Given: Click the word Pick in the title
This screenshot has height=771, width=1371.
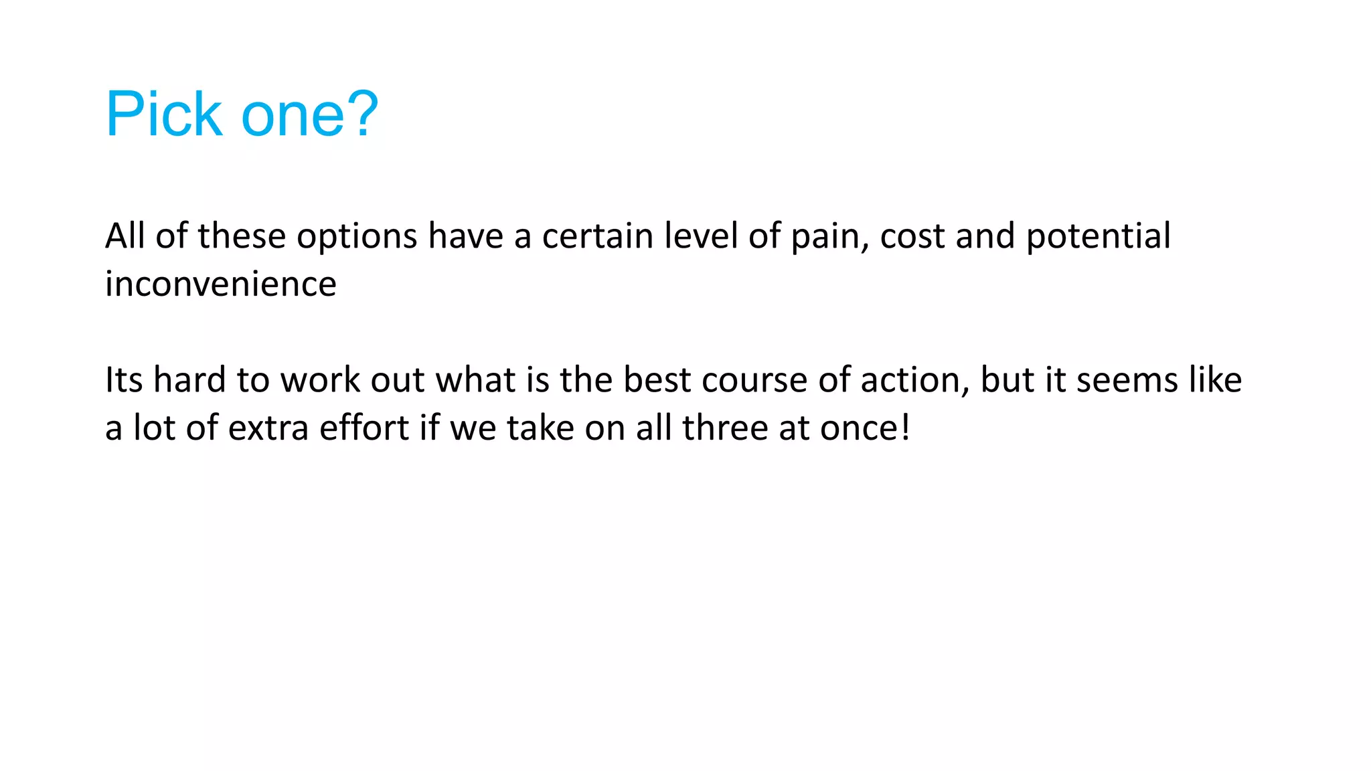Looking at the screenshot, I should (163, 114).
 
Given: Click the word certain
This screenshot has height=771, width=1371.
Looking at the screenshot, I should (597, 236).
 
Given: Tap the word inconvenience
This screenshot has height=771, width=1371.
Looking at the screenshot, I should (220, 284).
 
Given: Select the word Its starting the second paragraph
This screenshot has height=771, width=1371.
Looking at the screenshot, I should (124, 380).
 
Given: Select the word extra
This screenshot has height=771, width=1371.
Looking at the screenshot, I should (268, 428).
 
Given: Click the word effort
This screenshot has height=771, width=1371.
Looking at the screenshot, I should (364, 428).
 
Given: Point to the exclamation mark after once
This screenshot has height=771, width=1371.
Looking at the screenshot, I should (905, 428).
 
